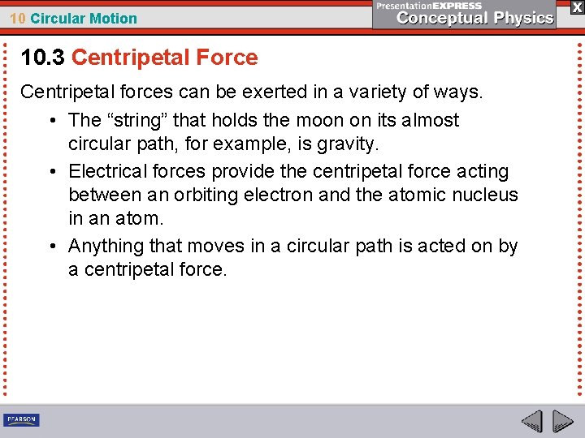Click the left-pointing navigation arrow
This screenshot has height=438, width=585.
pyautogui.click(x=531, y=421)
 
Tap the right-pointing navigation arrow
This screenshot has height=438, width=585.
pyautogui.click(x=563, y=421)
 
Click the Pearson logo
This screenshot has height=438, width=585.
pyautogui.click(x=21, y=419)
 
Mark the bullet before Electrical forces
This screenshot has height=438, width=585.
pyautogui.click(x=51, y=172)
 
